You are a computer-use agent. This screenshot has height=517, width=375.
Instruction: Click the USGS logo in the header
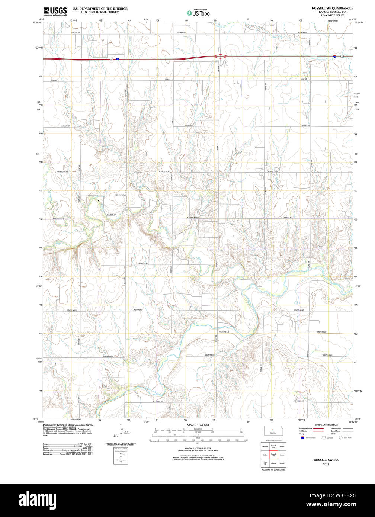[55, 11]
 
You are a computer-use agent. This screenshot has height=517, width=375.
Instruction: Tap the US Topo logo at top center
[198, 12]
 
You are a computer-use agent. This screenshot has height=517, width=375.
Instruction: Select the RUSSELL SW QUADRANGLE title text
[333, 8]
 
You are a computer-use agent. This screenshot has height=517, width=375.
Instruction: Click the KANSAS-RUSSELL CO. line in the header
[333, 12]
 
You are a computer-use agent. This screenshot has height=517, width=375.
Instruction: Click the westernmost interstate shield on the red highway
[118, 59]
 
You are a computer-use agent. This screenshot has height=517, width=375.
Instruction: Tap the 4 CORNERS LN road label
[121, 195]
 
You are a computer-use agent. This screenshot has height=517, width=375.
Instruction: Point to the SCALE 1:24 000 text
[198, 425]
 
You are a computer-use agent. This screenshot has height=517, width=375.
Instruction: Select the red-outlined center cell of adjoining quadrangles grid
[273, 455]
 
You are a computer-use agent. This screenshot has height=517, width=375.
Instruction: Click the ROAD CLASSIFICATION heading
[326, 424]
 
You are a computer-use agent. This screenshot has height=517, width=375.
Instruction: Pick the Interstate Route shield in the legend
[302, 438]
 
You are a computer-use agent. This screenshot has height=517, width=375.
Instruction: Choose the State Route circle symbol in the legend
[340, 438]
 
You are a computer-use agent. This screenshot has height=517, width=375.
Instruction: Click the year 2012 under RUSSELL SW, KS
[326, 464]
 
